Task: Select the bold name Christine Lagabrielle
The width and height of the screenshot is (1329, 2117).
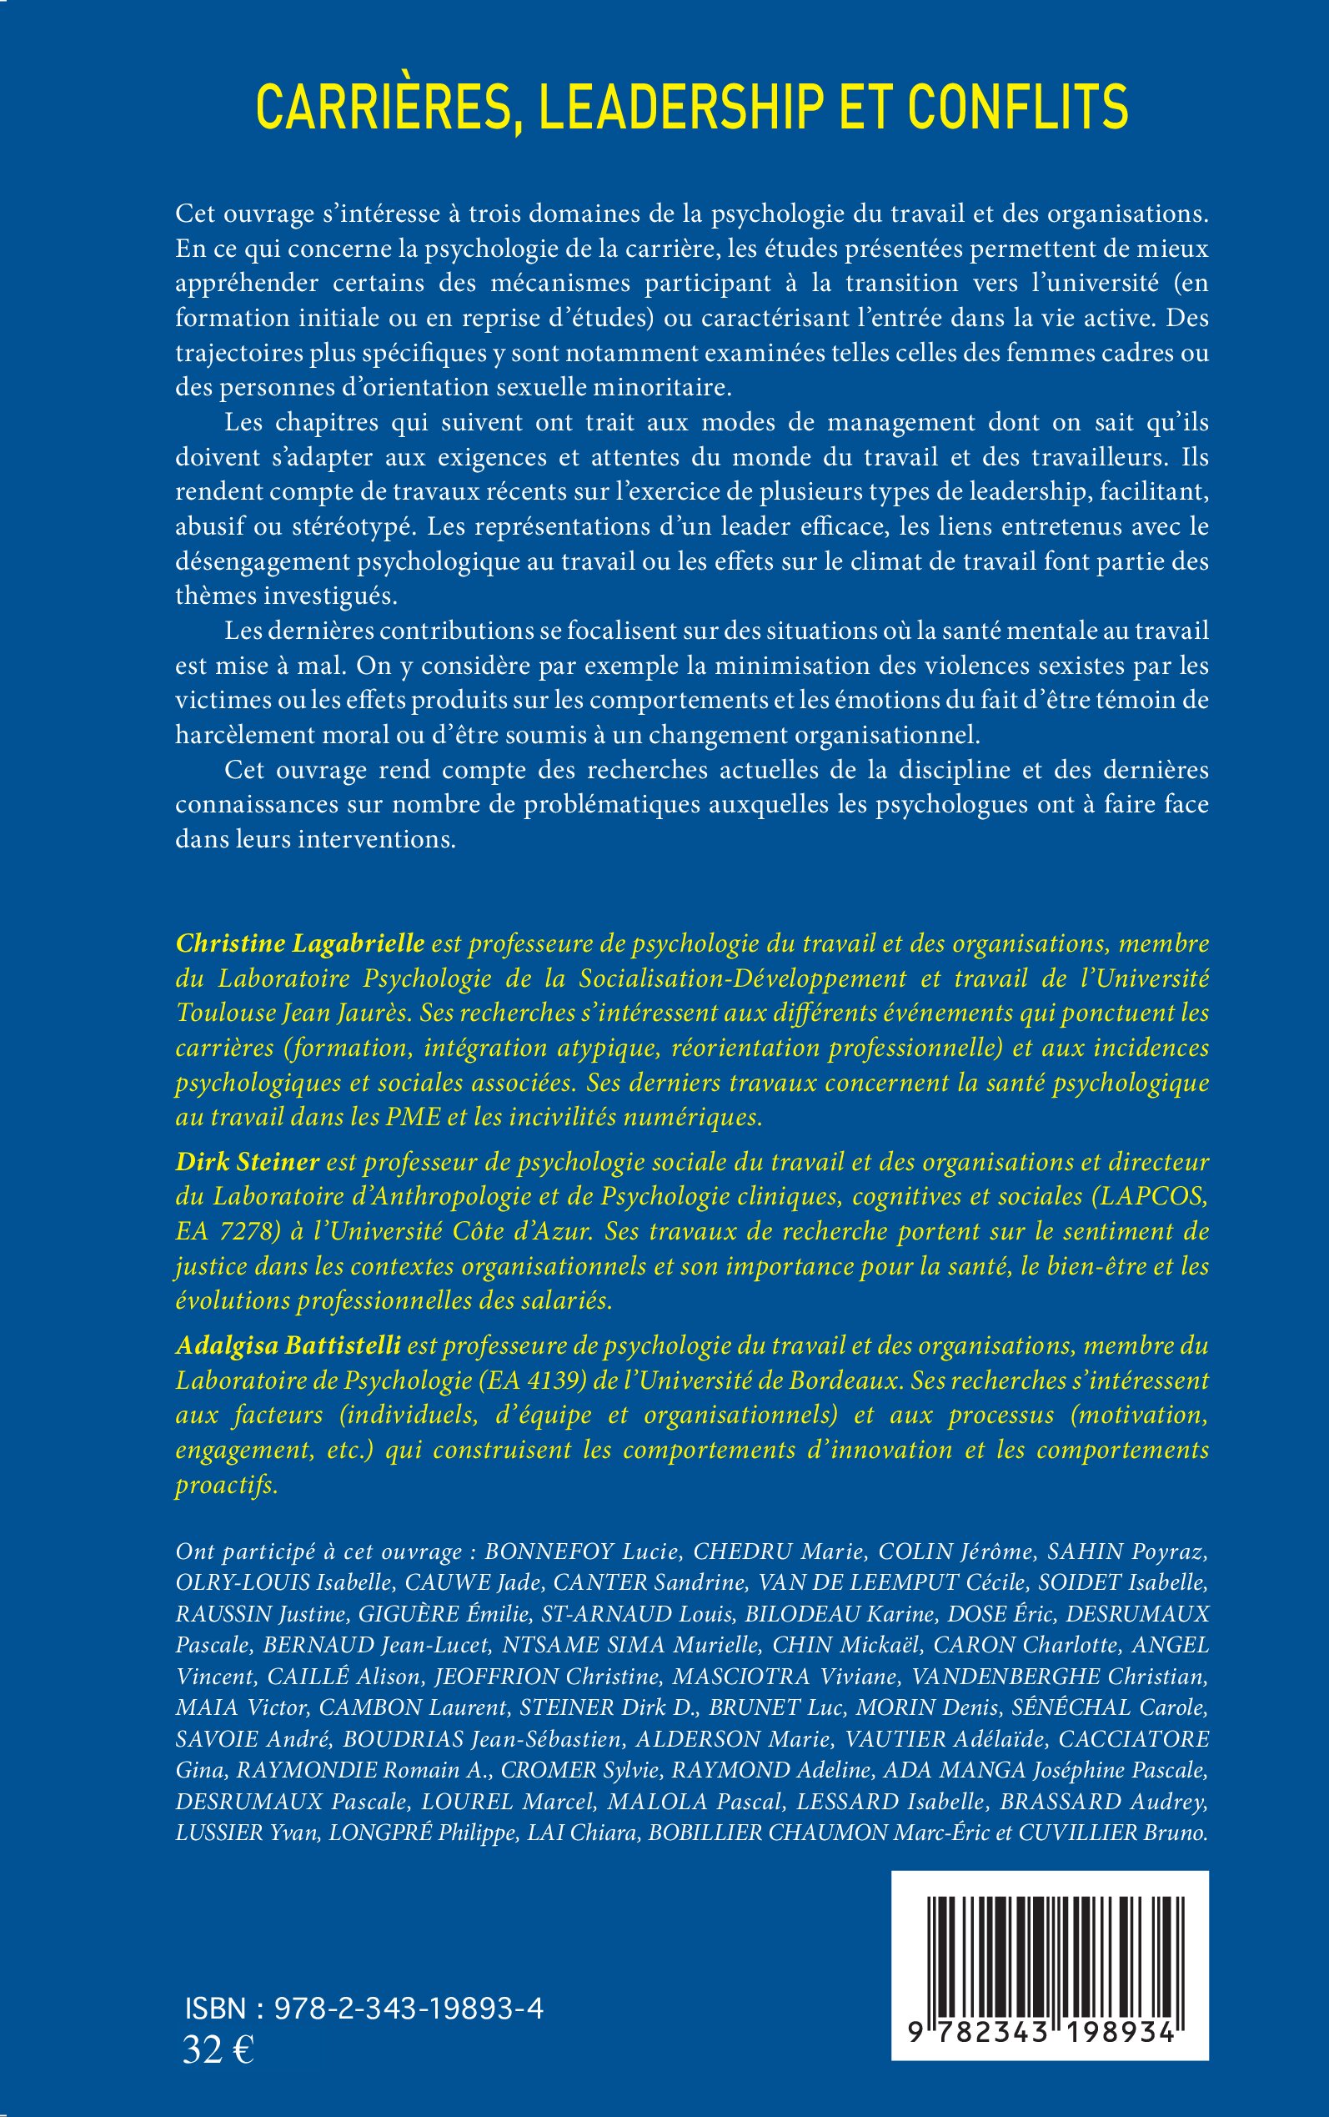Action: tap(301, 943)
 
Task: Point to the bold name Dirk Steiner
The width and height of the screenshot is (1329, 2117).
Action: tap(247, 1162)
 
